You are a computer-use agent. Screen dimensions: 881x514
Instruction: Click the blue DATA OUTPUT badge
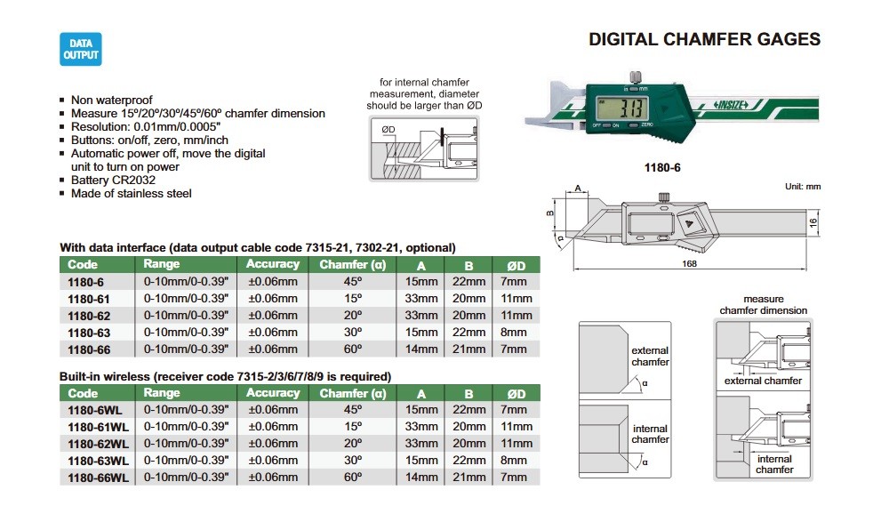click(x=81, y=49)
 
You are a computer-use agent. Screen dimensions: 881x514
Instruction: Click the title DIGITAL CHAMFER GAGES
click(x=705, y=39)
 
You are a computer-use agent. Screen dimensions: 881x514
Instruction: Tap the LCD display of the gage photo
click(x=623, y=107)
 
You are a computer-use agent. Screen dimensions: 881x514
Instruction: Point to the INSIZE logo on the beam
click(x=732, y=105)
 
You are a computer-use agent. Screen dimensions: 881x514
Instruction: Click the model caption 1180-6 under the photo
click(x=662, y=167)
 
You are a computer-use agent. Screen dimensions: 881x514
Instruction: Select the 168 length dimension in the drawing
click(x=689, y=263)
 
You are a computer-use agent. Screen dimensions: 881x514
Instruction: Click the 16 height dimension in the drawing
click(x=813, y=223)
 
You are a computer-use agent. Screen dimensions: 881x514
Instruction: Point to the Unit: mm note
click(x=803, y=187)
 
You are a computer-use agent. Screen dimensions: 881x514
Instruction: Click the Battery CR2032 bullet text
click(x=113, y=181)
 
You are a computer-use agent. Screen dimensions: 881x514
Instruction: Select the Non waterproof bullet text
click(x=111, y=100)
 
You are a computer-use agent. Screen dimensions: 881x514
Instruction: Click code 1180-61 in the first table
click(x=89, y=299)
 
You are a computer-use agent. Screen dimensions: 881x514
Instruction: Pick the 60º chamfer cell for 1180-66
click(x=353, y=349)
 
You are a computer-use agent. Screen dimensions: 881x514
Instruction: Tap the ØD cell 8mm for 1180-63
click(x=514, y=333)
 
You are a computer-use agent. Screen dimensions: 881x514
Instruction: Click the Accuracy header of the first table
click(x=273, y=264)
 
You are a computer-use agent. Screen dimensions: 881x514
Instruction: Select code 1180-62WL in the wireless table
click(x=98, y=444)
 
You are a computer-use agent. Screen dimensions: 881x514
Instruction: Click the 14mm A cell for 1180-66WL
click(x=421, y=478)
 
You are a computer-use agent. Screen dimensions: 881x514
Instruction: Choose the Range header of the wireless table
click(x=162, y=393)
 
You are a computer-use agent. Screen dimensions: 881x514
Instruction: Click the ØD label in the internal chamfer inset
click(x=388, y=129)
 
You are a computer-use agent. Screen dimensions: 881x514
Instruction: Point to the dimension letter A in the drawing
click(x=578, y=189)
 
